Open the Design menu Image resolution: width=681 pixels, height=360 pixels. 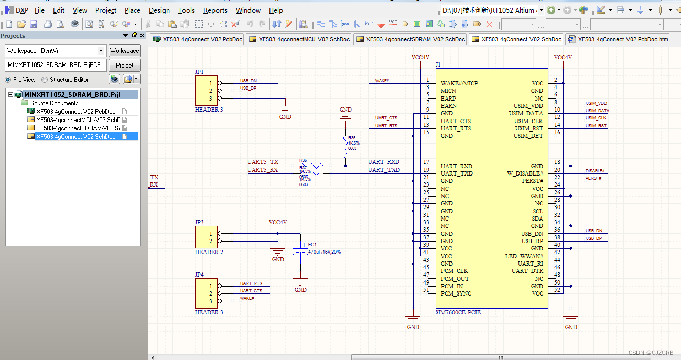(159, 10)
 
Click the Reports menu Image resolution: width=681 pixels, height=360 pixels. (215, 10)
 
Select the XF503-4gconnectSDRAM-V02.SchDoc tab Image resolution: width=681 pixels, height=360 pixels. (410, 39)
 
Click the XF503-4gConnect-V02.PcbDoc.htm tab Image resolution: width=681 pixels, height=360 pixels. (617, 39)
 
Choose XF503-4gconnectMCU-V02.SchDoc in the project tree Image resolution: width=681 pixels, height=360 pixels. (78, 120)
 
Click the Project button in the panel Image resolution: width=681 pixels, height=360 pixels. (124, 66)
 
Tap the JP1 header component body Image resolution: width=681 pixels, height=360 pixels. (206, 91)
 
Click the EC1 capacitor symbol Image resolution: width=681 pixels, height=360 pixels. (300, 252)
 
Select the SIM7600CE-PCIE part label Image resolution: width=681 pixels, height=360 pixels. (458, 312)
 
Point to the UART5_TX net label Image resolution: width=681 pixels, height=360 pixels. (263, 162)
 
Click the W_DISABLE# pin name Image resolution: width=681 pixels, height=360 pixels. (525, 173)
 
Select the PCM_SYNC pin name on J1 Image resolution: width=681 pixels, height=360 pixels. (456, 294)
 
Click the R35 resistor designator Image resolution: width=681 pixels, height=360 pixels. (352, 138)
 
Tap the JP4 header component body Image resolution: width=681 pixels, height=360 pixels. (206, 293)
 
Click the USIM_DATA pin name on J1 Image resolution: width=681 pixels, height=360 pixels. (526, 114)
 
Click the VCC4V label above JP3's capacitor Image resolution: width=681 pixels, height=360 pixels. (277, 222)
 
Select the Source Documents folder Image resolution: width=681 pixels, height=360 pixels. (54, 103)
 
